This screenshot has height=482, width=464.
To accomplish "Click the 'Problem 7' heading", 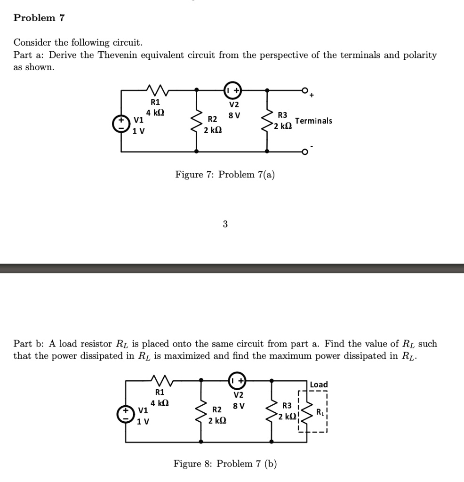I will pyautogui.click(x=39, y=18).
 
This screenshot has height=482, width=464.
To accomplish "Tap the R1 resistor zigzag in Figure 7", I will pyautogui.click(x=156, y=88).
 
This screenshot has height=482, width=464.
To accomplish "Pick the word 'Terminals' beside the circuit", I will pyautogui.click(x=313, y=121).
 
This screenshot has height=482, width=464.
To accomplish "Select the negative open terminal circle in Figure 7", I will pyautogui.click(x=304, y=152).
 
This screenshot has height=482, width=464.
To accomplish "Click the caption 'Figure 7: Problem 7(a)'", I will pyautogui.click(x=225, y=175).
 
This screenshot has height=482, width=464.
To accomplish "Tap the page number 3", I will pyautogui.click(x=225, y=225).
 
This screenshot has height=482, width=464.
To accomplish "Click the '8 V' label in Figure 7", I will pyautogui.click(x=234, y=115).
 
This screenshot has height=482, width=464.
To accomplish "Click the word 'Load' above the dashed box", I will pyautogui.click(x=319, y=385).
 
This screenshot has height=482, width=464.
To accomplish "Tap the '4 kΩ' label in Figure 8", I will pyautogui.click(x=160, y=403).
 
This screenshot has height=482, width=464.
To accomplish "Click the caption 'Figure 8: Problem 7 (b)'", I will pyautogui.click(x=225, y=464).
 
